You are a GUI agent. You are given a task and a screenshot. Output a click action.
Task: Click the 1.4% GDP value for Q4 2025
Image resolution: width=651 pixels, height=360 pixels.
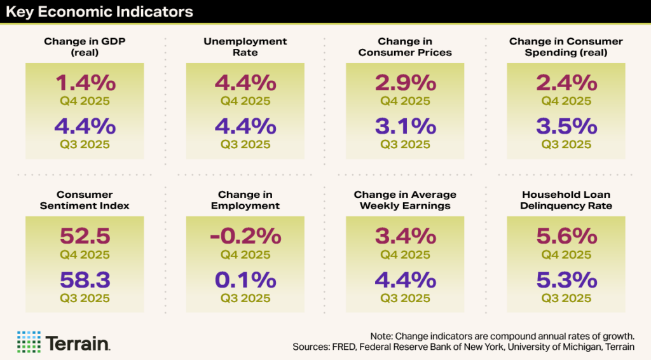[85, 83]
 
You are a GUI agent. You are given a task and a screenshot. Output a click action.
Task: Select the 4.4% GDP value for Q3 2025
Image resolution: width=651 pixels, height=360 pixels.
[85, 126]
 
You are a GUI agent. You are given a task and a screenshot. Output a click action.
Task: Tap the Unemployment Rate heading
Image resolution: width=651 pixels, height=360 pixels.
[245, 46]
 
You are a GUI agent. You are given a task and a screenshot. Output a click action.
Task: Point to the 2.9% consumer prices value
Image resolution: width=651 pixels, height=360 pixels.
[405, 83]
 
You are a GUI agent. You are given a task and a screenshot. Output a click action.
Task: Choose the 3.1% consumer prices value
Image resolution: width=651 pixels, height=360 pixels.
[405, 126]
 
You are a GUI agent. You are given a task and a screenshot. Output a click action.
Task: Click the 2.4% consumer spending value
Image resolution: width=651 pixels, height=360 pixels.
[566, 83]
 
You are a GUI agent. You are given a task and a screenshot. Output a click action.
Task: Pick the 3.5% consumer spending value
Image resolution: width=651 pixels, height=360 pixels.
[566, 126]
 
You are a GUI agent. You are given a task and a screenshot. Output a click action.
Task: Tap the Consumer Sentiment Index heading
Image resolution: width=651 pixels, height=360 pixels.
[85, 200]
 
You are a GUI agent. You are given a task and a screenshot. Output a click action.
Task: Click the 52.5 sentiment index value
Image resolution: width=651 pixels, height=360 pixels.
[85, 236]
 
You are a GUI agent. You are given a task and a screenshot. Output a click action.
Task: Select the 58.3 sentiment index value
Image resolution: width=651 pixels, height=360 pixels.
[85, 279]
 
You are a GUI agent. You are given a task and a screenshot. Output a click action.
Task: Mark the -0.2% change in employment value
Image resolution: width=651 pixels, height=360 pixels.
[245, 236]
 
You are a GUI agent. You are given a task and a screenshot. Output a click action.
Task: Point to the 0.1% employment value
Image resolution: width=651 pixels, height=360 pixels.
[245, 279]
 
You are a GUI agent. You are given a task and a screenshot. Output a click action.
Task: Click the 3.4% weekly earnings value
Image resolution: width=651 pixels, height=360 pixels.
[405, 236]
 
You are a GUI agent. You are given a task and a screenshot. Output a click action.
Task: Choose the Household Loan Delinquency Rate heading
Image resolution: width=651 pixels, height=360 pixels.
[566, 200]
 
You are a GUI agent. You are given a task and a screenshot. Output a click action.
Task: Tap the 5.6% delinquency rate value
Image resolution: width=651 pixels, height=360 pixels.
[566, 236]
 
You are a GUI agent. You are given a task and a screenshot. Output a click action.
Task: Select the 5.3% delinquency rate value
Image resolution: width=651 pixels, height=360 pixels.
[566, 279]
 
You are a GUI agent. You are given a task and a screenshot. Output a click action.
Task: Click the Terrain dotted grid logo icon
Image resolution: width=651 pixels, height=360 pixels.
[29, 342]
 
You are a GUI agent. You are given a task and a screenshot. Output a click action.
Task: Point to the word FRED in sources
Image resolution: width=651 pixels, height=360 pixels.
[346, 347]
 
